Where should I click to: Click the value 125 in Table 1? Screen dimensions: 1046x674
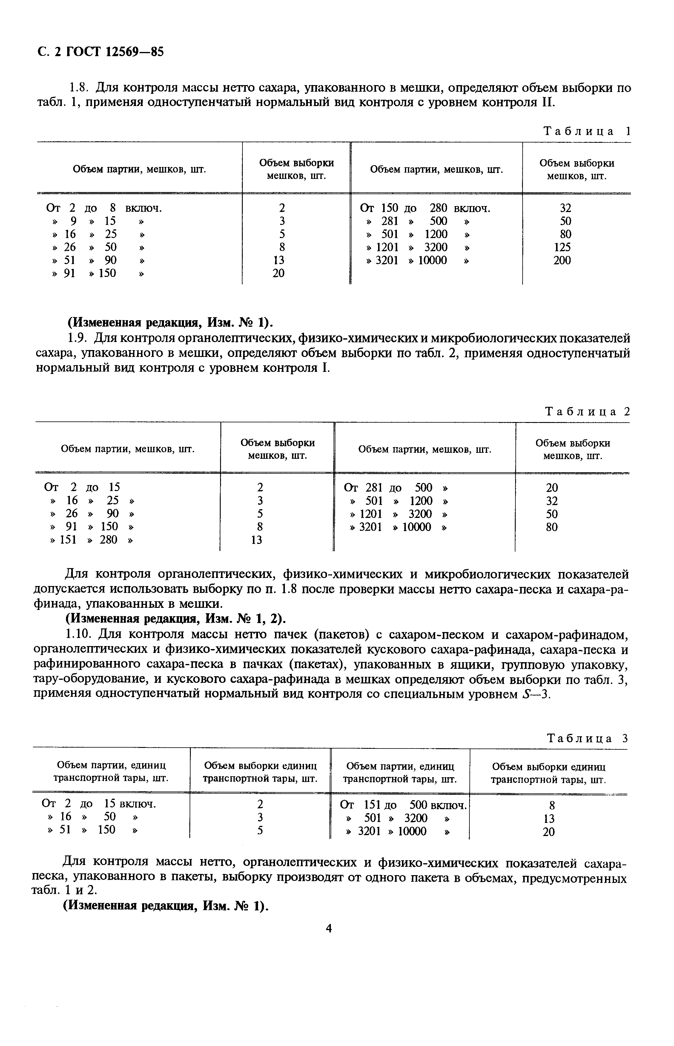[562, 247]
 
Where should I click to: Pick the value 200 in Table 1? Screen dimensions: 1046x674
[562, 260]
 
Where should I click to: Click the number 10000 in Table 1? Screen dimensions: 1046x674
[432, 260]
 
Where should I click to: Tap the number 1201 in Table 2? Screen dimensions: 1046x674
[370, 514]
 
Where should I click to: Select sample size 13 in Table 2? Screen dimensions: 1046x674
[257, 540]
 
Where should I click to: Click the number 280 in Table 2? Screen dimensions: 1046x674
[108, 540]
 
